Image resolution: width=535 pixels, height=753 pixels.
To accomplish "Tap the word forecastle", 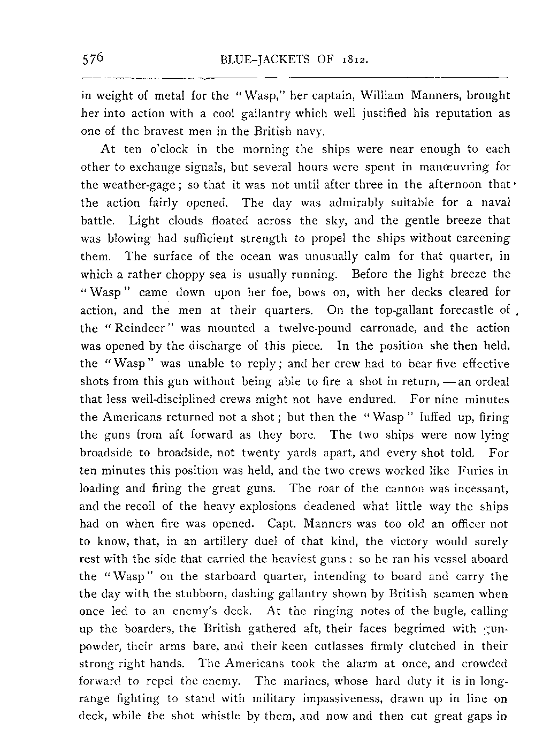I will point(464,310).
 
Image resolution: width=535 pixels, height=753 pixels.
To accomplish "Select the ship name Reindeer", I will point(134,328).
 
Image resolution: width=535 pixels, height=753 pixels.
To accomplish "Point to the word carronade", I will point(391,328).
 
